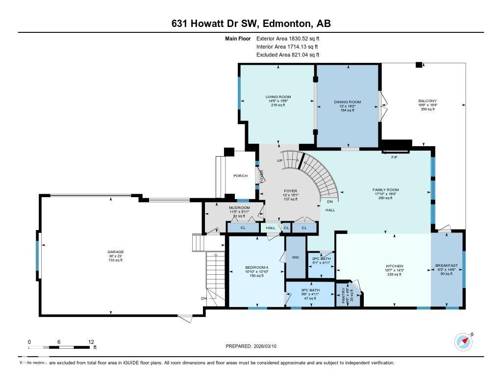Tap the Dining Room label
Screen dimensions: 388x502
pyautogui.click(x=348, y=102)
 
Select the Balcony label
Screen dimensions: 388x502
pyautogui.click(x=427, y=101)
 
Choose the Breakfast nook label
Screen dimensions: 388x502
pyautogui.click(x=447, y=266)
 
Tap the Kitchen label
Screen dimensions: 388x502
pyautogui.click(x=394, y=266)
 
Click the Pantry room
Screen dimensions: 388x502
pyautogui.click(x=344, y=296)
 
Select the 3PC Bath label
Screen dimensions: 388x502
pyautogui.click(x=310, y=290)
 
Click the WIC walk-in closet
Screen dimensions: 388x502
pyautogui.click(x=296, y=257)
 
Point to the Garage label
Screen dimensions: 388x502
pyautogui.click(x=116, y=252)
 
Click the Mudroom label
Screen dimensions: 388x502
pyautogui.click(x=239, y=207)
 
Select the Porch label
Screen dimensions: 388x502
pyautogui.click(x=240, y=176)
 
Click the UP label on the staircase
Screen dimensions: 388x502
pyautogui.click(x=280, y=160)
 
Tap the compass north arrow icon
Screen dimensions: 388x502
pyautogui.click(x=463, y=341)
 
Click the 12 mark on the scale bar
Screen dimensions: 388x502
pyautogui.click(x=91, y=341)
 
